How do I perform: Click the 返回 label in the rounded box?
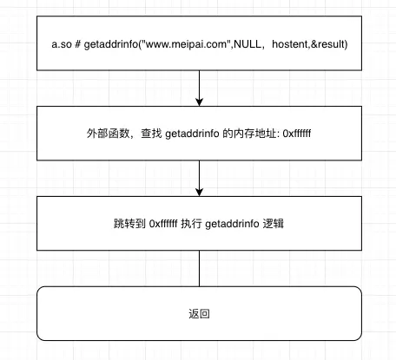(199, 313)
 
